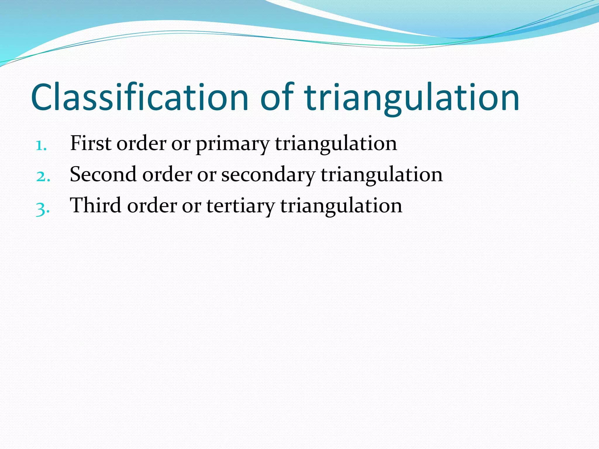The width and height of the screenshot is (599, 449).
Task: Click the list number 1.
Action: coord(41,145)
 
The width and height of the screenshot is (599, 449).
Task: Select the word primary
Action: coord(233,144)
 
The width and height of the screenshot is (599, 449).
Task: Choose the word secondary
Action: coord(268,175)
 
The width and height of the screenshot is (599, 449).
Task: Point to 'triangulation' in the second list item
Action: coord(381,175)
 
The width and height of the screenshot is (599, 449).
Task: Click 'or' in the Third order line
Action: coord(192,206)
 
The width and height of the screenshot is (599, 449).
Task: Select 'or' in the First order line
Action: coord(181,144)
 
